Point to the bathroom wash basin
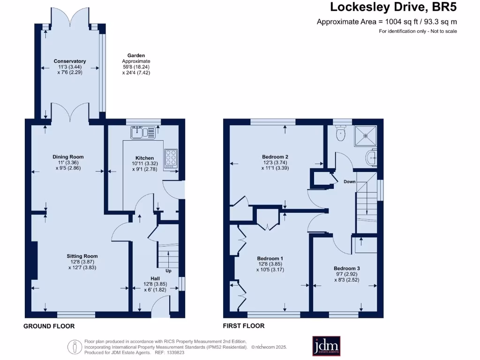point(373,158)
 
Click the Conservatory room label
point(70,61)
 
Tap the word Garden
point(136,55)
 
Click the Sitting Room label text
point(82,256)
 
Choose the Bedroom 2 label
point(275,157)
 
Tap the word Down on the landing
point(349,181)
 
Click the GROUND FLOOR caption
point(49,326)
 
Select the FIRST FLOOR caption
point(244,326)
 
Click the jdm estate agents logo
point(326,346)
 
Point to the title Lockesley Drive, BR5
point(393,7)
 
